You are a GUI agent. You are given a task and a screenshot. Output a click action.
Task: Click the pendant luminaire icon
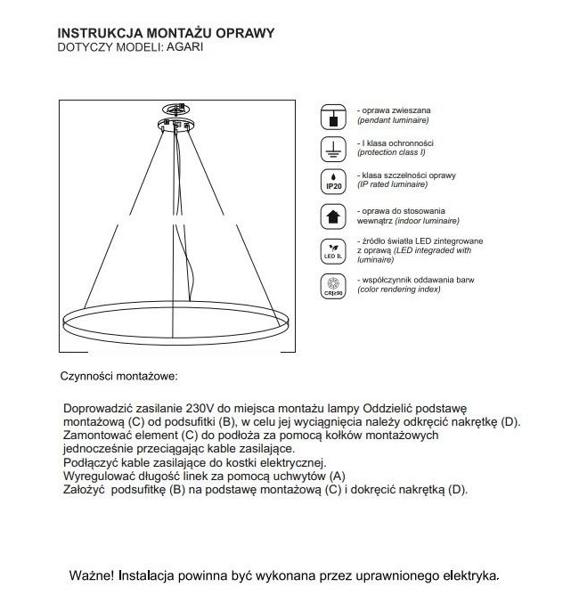pos(332,113)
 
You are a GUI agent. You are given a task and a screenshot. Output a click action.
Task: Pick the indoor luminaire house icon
pos(332,215)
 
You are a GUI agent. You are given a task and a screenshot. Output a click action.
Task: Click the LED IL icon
pos(332,250)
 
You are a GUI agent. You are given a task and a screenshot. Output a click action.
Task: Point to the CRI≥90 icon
pos(332,287)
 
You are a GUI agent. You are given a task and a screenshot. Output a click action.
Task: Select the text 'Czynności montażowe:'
pos(118,377)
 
